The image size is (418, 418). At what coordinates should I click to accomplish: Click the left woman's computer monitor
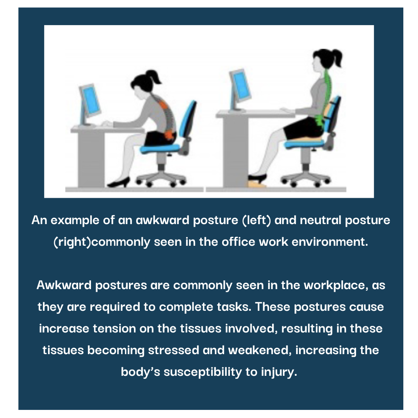[x=90, y=100]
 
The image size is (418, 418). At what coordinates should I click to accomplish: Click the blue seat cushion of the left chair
[x=161, y=147]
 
